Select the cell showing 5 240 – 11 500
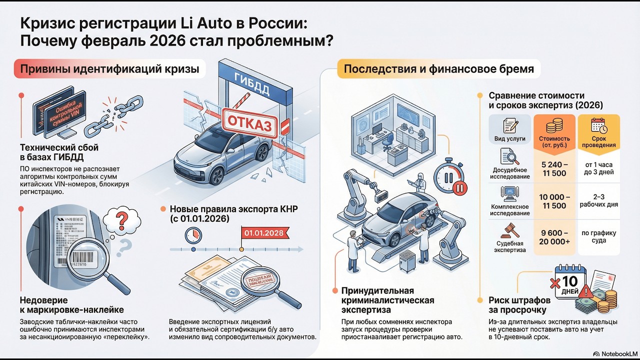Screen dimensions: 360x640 pos(554,168)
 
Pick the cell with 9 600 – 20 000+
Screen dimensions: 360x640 pos(554,237)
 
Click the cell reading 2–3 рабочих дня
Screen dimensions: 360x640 pos(598,200)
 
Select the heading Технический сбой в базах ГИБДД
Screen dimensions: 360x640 pos(59,152)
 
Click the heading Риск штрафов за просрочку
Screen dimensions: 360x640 pos(519,305)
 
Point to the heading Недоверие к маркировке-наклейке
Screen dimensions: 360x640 pos(71,305)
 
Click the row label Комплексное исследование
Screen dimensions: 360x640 pos(510,209)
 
